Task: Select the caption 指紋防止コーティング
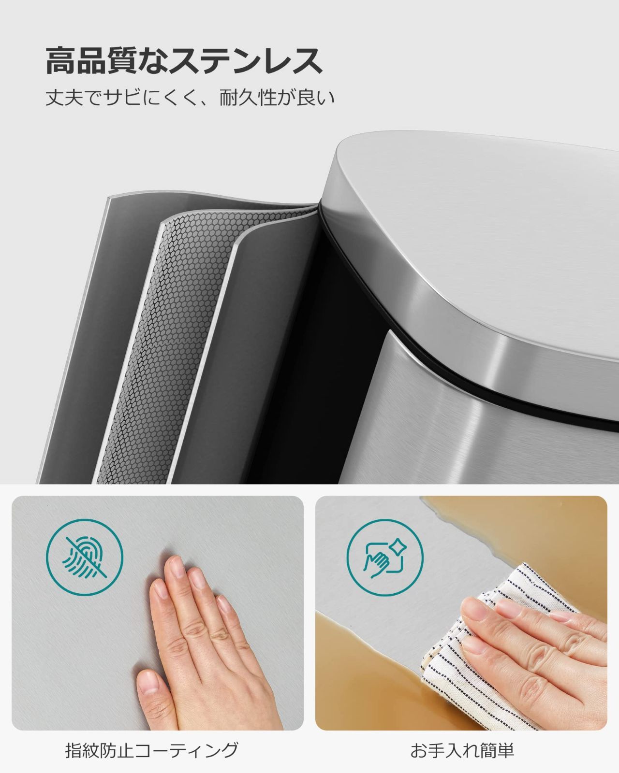tap(152, 750)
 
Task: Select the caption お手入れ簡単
tap(462, 750)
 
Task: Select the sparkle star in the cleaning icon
tap(400, 548)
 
